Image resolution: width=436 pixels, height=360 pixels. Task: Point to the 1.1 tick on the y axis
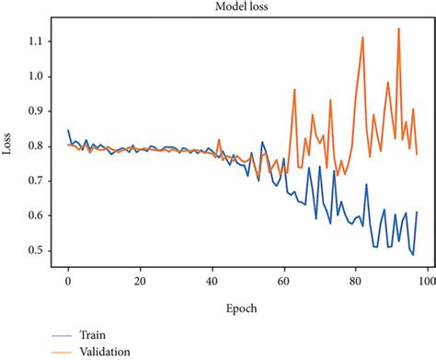tap(38, 41)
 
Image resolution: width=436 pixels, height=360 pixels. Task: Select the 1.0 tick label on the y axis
tap(38, 76)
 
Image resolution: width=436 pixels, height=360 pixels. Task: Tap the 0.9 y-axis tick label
tap(38, 111)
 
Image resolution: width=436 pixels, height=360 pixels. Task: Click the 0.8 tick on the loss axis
tap(38, 145)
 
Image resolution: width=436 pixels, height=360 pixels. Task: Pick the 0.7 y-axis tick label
tap(38, 180)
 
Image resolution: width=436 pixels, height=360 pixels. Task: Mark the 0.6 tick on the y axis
tap(38, 215)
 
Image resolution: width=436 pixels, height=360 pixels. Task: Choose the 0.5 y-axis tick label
tap(38, 250)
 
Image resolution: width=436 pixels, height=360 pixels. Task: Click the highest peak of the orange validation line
tap(398, 29)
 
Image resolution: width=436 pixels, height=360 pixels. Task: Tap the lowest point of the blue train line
tap(413, 255)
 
